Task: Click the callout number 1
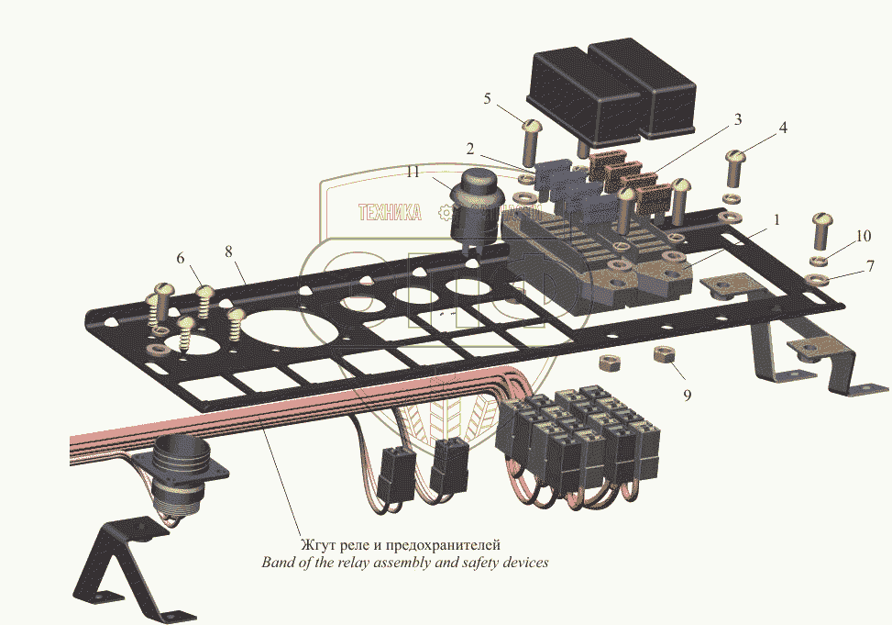coord(776,220)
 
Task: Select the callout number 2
coord(469,149)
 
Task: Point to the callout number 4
coord(782,129)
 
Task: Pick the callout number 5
coord(487,98)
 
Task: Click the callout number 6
coord(181,259)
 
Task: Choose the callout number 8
coord(228,250)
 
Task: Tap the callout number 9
coord(687,395)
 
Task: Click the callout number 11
coord(413,172)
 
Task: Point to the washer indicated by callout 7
coord(819,280)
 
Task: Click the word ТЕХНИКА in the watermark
coord(390,213)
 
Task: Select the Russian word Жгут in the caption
coord(318,545)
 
